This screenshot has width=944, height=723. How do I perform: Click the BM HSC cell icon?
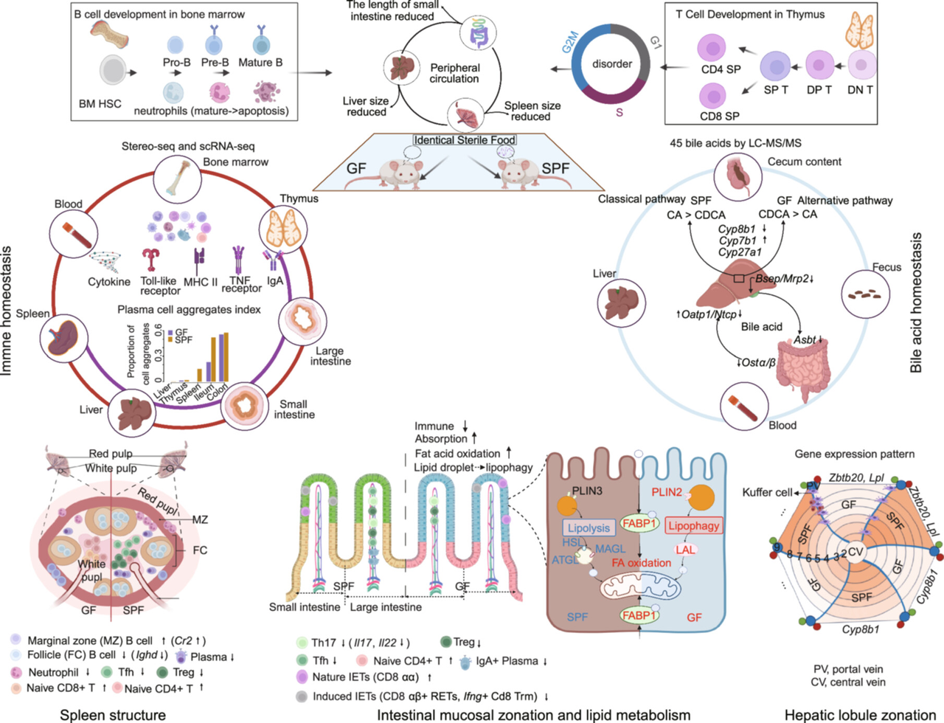[x=112, y=72]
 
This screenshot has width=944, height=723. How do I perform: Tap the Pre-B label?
[x=215, y=63]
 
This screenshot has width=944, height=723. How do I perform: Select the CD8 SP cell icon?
[x=712, y=96]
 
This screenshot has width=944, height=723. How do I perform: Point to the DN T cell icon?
[x=861, y=65]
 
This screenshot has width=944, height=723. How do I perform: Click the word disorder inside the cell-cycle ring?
[x=612, y=63]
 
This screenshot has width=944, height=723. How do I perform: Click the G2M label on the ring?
[x=570, y=42]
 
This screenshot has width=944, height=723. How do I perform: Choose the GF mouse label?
[x=356, y=168]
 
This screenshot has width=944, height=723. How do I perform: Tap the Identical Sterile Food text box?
[x=465, y=140]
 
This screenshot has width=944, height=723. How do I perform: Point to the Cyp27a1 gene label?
[x=740, y=252]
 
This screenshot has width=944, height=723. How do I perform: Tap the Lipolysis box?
[x=589, y=527]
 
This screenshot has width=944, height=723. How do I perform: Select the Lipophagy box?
[x=693, y=525]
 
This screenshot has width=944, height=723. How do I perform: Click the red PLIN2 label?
[x=667, y=492]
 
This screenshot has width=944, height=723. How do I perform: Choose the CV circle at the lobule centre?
[x=855, y=552]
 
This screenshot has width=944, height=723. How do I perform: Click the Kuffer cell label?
[x=768, y=492]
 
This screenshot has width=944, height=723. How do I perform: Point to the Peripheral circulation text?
[x=454, y=73]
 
